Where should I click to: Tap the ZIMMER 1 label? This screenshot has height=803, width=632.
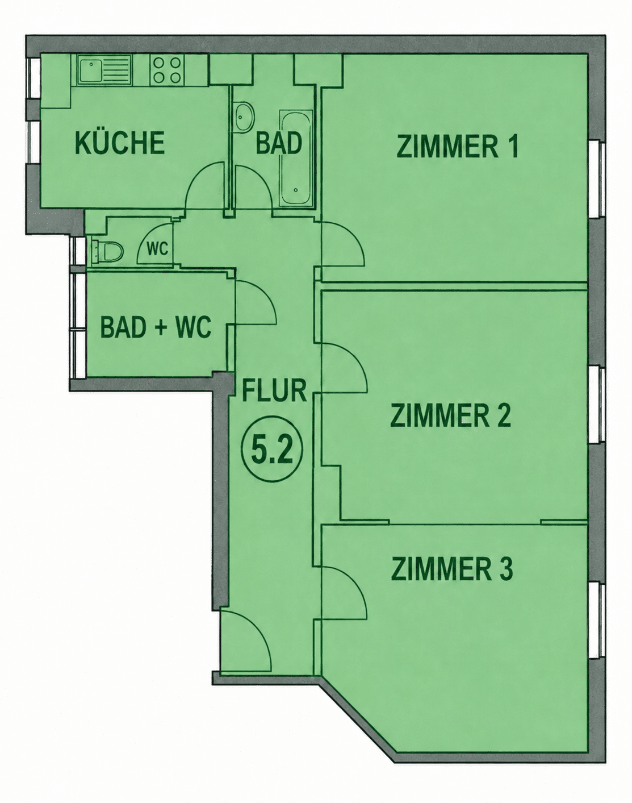tap(457, 147)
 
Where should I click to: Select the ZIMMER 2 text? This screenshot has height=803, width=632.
tap(450, 417)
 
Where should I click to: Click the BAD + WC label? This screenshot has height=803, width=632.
tap(156, 327)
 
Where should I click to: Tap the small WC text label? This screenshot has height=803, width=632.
tap(158, 249)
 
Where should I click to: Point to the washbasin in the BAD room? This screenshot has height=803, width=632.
tap(245, 117)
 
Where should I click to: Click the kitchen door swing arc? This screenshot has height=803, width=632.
tap(204, 184)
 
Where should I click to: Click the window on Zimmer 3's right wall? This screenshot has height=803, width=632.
tap(596, 620)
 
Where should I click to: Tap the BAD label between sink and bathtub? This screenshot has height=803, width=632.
tap(279, 144)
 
